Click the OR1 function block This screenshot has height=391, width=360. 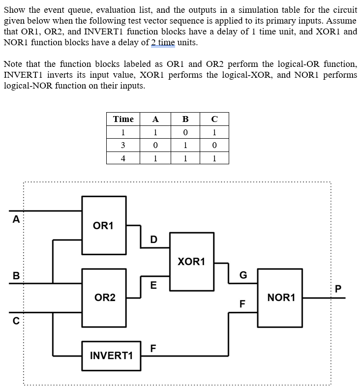[x=104, y=225]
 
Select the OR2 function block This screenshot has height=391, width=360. [x=104, y=298]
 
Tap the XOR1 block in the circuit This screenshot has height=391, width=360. [x=192, y=262]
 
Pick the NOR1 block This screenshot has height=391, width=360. [x=280, y=298]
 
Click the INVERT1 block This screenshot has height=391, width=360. [x=111, y=356]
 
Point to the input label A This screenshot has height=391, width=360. [x=16, y=219]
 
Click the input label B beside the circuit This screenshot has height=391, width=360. [x=16, y=276]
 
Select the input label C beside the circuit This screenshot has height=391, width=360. [x=16, y=321]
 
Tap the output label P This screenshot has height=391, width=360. [x=338, y=289]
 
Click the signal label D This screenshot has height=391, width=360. [x=154, y=240]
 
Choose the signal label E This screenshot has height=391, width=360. [x=153, y=285]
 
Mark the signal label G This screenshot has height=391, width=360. [x=243, y=275]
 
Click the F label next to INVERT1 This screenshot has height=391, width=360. [x=153, y=348]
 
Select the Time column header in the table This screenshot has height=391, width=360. [x=123, y=119]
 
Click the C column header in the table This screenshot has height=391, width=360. [x=214, y=119]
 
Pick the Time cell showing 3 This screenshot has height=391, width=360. [x=123, y=145]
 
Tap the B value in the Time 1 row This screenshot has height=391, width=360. [x=185, y=132]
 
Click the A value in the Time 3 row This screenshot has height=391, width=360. [x=155, y=145]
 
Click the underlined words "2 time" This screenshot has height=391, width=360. [x=163, y=42]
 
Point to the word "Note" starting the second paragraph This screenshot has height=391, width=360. [x=13, y=64]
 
